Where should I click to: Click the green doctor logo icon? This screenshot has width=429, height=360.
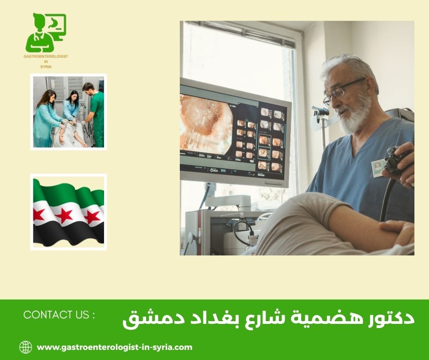(x=46, y=32)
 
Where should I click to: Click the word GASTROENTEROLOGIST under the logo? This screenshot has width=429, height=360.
(x=46, y=56)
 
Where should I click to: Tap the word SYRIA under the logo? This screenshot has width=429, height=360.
(x=46, y=67)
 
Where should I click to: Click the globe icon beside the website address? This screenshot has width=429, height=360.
(x=26, y=347)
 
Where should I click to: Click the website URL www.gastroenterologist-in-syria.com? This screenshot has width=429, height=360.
(x=115, y=347)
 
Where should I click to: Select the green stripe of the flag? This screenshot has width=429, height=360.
(x=68, y=192)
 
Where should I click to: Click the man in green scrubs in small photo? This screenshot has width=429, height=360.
(x=95, y=114)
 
